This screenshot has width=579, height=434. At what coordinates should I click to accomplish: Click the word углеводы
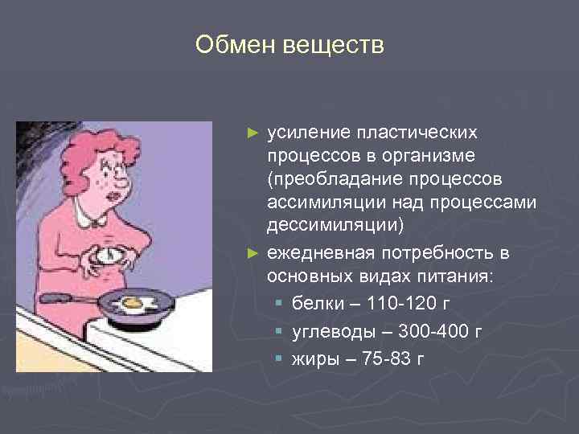pos(328,331)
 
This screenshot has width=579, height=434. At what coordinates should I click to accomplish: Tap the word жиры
pos(313,358)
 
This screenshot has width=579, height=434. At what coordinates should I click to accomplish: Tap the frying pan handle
pos(68,298)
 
